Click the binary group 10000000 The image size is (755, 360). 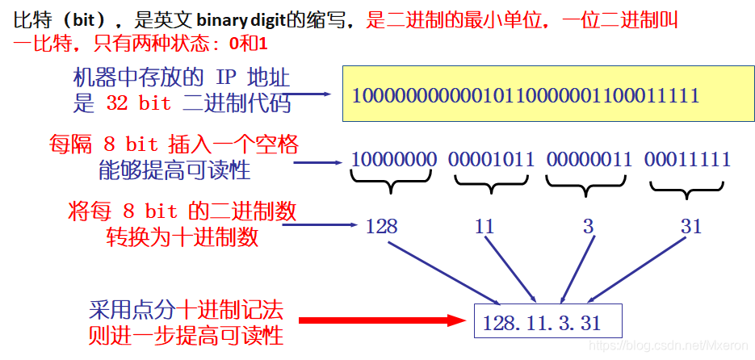393,159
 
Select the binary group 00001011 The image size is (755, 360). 492,159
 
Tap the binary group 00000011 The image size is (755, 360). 589,159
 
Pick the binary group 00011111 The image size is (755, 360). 687,159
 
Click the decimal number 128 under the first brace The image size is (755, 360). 381,226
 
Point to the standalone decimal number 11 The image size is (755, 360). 484,226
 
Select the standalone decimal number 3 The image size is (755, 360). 588,226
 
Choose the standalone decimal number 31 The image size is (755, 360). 691,226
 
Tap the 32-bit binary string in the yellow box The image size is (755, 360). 526,95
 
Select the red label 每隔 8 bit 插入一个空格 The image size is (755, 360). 174,145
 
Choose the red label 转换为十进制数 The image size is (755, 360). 182,237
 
